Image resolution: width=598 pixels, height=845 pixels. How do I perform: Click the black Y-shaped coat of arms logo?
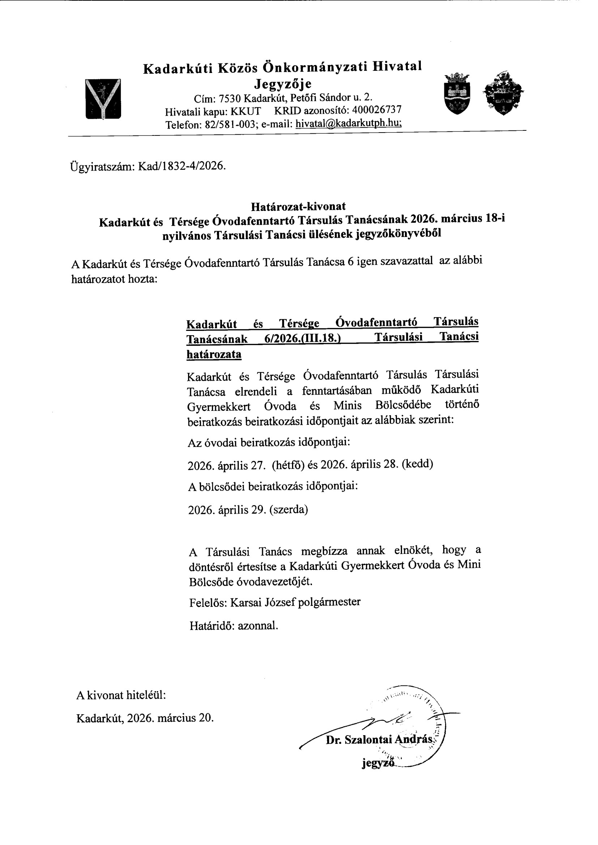pyautogui.click(x=103, y=99)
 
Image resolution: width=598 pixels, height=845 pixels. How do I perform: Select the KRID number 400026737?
pyautogui.click(x=377, y=110)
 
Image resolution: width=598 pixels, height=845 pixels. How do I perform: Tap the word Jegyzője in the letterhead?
pyautogui.click(x=283, y=84)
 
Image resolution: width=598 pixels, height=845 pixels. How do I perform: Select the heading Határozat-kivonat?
pyautogui.click(x=298, y=206)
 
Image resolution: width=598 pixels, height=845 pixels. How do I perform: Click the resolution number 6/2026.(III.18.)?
pyautogui.click(x=301, y=338)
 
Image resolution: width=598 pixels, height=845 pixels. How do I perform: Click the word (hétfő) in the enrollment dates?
pyautogui.click(x=288, y=465)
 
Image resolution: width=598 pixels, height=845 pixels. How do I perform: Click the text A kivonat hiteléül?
pyautogui.click(x=121, y=695)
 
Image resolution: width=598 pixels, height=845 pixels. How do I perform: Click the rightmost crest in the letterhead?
pyautogui.click(x=503, y=92)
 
